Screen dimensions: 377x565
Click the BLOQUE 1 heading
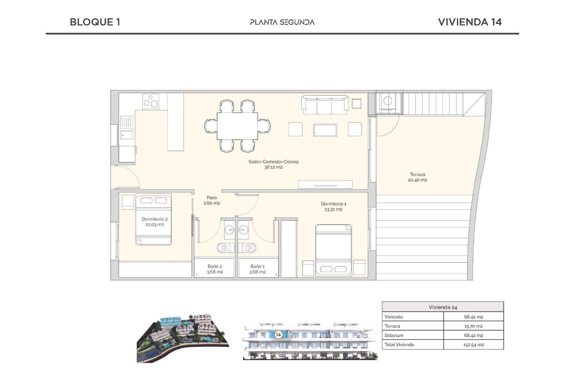click(x=95, y=22)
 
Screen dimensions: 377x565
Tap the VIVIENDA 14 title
click(x=470, y=22)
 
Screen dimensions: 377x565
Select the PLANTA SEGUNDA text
click(x=282, y=22)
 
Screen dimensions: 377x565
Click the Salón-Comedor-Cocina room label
click(x=273, y=164)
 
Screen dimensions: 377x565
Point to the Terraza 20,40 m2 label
click(x=417, y=177)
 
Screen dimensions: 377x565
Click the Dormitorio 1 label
click(x=333, y=206)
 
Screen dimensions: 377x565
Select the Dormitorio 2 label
click(x=154, y=221)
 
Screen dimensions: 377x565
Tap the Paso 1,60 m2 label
click(x=212, y=200)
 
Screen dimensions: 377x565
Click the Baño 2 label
click(x=215, y=269)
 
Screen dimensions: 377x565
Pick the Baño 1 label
click(x=257, y=269)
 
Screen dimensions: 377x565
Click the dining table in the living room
click(x=237, y=126)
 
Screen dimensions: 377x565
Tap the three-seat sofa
click(x=325, y=105)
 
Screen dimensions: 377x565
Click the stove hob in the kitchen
click(x=151, y=102)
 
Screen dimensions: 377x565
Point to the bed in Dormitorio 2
click(x=153, y=219)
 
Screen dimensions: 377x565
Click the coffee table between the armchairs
click(x=325, y=130)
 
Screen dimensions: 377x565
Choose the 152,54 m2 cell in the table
click(x=473, y=345)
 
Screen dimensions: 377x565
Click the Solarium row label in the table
click(x=394, y=335)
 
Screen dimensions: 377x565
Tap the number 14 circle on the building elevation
click(x=278, y=335)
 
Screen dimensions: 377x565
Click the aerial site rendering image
click(x=182, y=339)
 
